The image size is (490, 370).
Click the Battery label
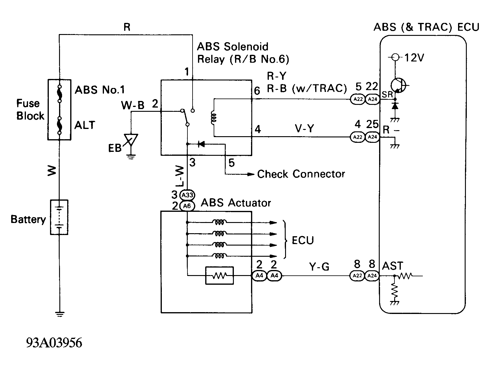point(28,219)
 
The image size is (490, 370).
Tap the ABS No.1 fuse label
point(99,90)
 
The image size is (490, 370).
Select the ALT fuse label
point(85,125)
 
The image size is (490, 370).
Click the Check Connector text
point(301,174)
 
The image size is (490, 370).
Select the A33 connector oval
point(187,195)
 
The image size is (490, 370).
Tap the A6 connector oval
point(187,206)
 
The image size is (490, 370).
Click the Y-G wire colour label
point(319,266)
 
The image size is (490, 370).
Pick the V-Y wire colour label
point(304,129)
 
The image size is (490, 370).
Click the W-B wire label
point(133,105)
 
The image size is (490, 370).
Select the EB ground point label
point(115,148)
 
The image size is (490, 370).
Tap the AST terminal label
point(392,266)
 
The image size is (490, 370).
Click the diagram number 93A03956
point(54,343)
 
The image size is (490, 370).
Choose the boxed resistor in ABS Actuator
point(219,275)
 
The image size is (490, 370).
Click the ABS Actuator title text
point(236,203)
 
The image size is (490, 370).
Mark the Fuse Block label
point(30,110)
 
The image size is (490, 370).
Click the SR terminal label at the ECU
point(387,94)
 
